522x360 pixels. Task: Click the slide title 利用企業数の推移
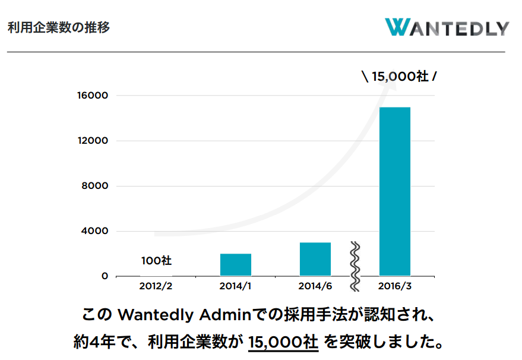point(59,27)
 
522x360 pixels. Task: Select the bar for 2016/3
point(395,191)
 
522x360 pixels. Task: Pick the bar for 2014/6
point(315,259)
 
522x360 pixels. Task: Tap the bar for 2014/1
point(236,264)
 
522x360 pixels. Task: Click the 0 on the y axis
point(105,276)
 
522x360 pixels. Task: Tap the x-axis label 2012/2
point(156,286)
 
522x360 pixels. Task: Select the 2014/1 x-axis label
point(236,286)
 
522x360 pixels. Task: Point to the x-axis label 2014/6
point(315,286)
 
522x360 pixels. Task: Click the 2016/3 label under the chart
point(395,286)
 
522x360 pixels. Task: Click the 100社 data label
point(157,260)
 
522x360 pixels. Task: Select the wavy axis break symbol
point(355,266)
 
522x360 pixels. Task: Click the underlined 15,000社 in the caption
point(283,342)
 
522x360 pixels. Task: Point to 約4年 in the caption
point(94,342)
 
